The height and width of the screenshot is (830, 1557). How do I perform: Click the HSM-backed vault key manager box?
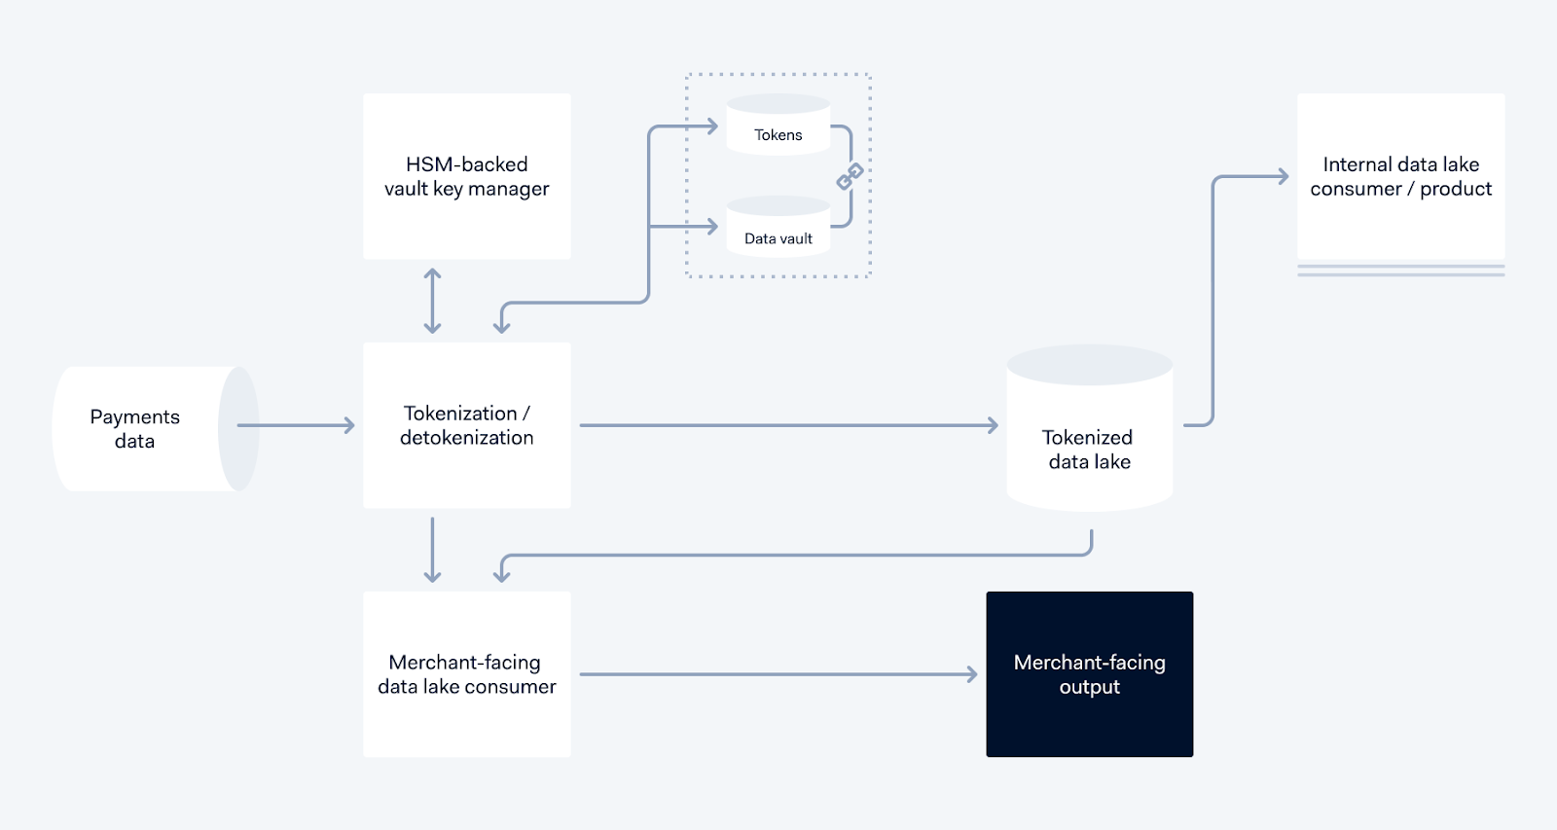pos(466,176)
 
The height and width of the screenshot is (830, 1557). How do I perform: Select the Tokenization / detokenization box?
pos(466,425)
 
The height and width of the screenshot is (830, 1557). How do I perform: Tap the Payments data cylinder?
pos(146,429)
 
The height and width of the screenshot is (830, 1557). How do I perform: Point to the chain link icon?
pos(850,176)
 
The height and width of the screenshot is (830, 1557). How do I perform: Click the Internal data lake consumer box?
pos(1400,176)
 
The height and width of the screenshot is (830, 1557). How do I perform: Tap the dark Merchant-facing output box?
pos(1089,674)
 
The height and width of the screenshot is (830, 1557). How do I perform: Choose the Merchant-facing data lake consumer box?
pos(466,674)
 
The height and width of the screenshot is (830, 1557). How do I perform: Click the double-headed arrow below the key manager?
pos(433,302)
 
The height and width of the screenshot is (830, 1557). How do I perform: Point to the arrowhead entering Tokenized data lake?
pos(993,425)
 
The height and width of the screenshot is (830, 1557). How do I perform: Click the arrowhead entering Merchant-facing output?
pos(971,674)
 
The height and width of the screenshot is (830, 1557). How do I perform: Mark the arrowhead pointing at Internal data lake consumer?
pos(1283,176)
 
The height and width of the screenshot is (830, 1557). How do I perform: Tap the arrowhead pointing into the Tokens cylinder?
pos(711,126)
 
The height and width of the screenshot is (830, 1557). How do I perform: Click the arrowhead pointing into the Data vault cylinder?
pos(711,227)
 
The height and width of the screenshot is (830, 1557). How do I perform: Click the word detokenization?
pos(466,438)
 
